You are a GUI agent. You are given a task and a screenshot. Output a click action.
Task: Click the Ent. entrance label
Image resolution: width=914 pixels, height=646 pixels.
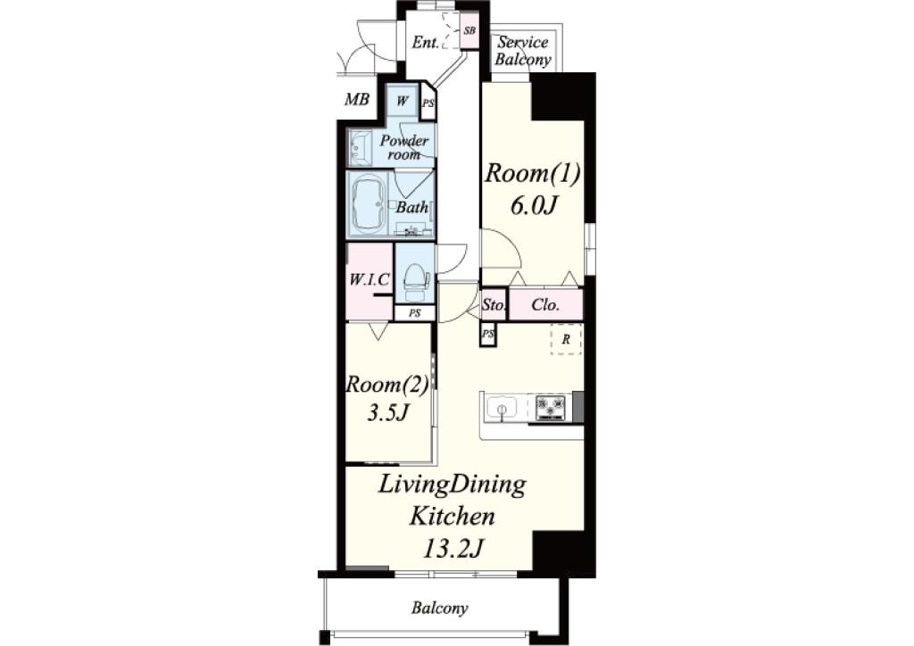(x=425, y=43)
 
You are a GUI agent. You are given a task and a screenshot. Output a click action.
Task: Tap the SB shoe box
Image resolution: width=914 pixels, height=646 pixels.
(x=469, y=30)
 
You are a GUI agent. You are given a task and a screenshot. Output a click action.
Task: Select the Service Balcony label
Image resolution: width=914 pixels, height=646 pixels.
(x=523, y=51)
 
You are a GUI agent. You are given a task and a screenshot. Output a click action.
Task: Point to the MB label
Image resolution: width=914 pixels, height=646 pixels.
(x=357, y=100)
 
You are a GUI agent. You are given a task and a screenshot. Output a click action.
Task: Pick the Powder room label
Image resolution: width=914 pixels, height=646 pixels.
(x=404, y=147)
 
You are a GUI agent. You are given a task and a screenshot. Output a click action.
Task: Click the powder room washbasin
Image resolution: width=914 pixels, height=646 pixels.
(x=361, y=147)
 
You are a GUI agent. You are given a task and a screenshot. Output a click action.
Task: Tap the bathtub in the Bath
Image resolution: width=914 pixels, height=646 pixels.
(x=368, y=204)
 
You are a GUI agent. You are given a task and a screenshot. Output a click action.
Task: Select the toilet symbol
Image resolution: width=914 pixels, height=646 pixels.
(x=415, y=279)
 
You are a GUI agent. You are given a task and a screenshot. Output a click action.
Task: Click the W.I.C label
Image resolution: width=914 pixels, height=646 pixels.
(x=369, y=279)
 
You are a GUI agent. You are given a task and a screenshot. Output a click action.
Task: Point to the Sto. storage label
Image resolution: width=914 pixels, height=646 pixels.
(x=493, y=304)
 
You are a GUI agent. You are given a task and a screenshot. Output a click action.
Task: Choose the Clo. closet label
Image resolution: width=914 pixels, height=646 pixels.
(x=545, y=304)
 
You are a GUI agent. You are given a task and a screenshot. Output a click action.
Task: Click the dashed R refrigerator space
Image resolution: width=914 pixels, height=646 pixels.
(x=566, y=339)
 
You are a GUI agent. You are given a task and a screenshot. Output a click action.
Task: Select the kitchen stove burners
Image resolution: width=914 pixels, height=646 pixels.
(x=550, y=407)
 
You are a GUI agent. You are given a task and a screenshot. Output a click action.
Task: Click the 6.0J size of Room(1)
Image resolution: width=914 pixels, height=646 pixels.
(x=535, y=205)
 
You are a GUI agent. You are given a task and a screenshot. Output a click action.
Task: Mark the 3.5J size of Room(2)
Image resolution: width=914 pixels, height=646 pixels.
(x=387, y=412)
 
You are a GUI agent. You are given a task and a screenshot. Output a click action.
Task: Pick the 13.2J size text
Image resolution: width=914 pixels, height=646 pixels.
(x=453, y=548)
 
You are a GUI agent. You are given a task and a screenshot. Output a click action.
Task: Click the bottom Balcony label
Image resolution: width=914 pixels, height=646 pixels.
(x=439, y=609)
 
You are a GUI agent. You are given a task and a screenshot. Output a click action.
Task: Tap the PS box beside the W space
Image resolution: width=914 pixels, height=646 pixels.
(x=428, y=104)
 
